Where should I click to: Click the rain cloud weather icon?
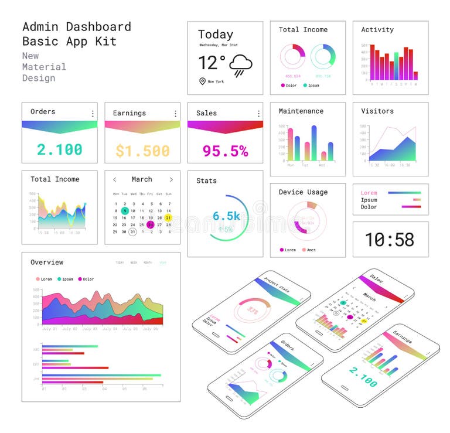(240, 65)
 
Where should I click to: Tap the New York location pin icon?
(202, 81)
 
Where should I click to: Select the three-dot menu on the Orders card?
(92, 113)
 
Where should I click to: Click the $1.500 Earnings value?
(142, 151)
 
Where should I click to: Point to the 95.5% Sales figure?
(225, 151)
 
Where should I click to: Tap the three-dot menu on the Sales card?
(258, 113)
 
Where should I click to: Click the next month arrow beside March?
(171, 180)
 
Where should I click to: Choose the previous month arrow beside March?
(115, 180)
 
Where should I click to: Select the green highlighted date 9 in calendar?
(125, 210)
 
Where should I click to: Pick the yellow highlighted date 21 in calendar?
(168, 217)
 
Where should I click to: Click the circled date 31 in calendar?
(133, 231)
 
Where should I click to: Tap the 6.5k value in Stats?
(226, 216)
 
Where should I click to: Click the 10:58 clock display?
(390, 240)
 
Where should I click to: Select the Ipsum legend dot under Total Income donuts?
(306, 86)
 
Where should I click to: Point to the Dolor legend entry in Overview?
(85, 279)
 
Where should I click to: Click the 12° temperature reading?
(212, 63)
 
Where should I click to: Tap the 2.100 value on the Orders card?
(60, 149)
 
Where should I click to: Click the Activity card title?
(377, 30)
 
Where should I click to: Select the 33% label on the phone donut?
(253, 310)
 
